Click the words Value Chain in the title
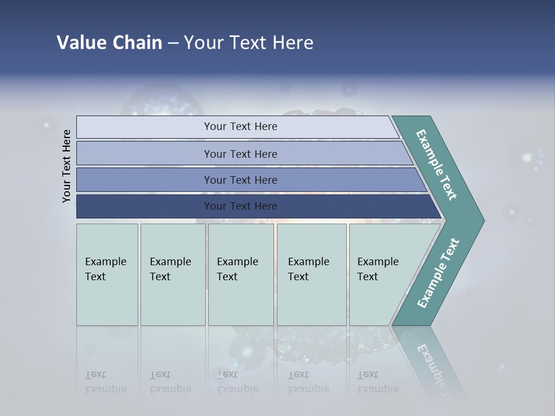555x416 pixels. point(109,43)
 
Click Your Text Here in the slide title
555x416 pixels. point(249,43)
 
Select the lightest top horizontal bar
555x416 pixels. point(145,127)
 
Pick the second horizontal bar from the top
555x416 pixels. point(145,154)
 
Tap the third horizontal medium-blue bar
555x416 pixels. point(145,180)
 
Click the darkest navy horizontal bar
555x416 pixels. point(145,206)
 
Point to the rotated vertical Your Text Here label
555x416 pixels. point(67,166)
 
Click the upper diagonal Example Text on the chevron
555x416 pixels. point(436,165)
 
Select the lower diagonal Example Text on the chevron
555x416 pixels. point(438,273)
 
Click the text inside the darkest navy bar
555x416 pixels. point(240,206)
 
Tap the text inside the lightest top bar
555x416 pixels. point(240,127)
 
